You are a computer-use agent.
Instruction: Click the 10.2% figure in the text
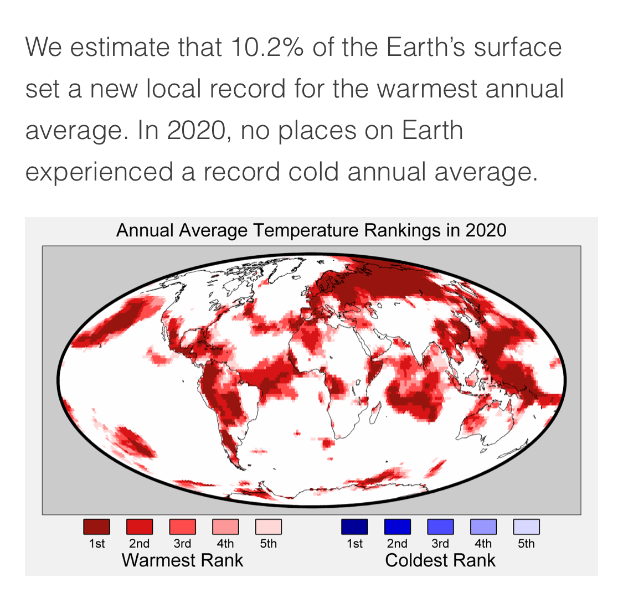267,47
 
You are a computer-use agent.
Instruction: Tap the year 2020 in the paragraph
196,130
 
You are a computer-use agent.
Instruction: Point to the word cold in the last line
313,172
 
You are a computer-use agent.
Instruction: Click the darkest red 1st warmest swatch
96,527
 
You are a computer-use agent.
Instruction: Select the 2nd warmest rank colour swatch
140,527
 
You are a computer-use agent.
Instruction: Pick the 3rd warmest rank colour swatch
182,527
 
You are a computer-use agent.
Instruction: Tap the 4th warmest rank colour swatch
225,527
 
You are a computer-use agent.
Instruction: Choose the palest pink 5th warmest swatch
268,527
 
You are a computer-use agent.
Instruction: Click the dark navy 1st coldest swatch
354,527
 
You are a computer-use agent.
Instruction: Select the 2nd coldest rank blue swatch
397,527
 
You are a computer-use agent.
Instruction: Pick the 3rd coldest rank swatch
440,527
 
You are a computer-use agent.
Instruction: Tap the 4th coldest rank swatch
483,527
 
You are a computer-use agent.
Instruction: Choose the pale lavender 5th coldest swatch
526,527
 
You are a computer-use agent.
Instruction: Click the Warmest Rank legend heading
182,560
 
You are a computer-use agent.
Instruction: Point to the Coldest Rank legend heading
440,560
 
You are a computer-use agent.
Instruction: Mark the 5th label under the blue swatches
526,543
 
